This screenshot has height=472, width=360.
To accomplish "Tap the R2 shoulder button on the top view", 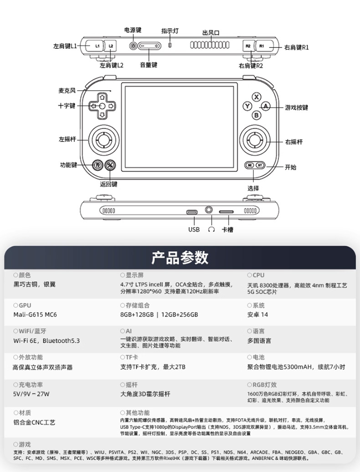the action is [x=248, y=46].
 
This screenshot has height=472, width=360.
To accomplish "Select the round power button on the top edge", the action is [x=133, y=46].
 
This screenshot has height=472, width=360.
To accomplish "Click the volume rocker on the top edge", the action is [x=149, y=46].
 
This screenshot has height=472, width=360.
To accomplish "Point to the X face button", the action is [x=256, y=97].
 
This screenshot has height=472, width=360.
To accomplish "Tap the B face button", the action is [x=256, y=115].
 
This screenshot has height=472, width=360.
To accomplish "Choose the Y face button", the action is [x=247, y=106].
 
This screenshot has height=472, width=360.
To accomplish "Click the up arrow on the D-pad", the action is [x=102, y=97].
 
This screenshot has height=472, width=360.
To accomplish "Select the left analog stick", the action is [x=103, y=140].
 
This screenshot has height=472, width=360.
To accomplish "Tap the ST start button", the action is [x=260, y=165].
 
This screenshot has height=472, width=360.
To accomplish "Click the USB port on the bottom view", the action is [x=192, y=212].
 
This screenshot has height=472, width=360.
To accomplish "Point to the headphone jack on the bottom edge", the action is [x=209, y=210].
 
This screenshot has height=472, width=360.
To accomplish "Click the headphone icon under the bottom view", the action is [x=211, y=230].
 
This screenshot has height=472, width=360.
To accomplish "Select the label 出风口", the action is [x=211, y=32].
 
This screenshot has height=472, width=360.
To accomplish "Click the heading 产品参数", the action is [x=180, y=258].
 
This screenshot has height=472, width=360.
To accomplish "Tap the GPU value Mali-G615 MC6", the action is [x=35, y=315].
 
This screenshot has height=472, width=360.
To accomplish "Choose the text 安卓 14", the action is [x=257, y=315].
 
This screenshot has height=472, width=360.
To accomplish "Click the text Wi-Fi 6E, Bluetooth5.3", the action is [x=46, y=341].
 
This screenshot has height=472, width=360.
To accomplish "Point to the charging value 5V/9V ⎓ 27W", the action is [x=31, y=394].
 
